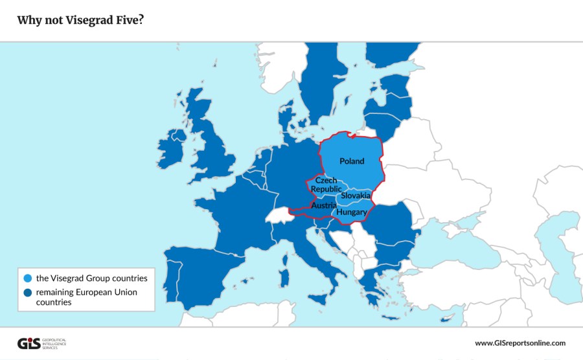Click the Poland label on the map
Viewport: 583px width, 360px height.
[x=352, y=161]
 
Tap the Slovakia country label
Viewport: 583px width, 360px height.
[x=356, y=195]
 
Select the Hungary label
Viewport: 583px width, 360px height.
[x=352, y=212]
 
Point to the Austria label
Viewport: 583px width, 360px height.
[x=323, y=205]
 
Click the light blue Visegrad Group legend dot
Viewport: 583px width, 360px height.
[x=27, y=278]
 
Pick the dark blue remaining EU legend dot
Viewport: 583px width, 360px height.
[x=27, y=293]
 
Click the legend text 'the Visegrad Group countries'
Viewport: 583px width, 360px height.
[x=92, y=278]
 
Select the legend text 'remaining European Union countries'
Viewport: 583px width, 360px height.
[x=87, y=297]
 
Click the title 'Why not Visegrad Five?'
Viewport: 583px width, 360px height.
[x=80, y=20]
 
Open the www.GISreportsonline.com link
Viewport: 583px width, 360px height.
[x=520, y=343]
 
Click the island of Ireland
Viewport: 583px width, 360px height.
[x=172, y=150]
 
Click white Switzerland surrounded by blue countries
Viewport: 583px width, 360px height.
[x=280, y=213]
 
